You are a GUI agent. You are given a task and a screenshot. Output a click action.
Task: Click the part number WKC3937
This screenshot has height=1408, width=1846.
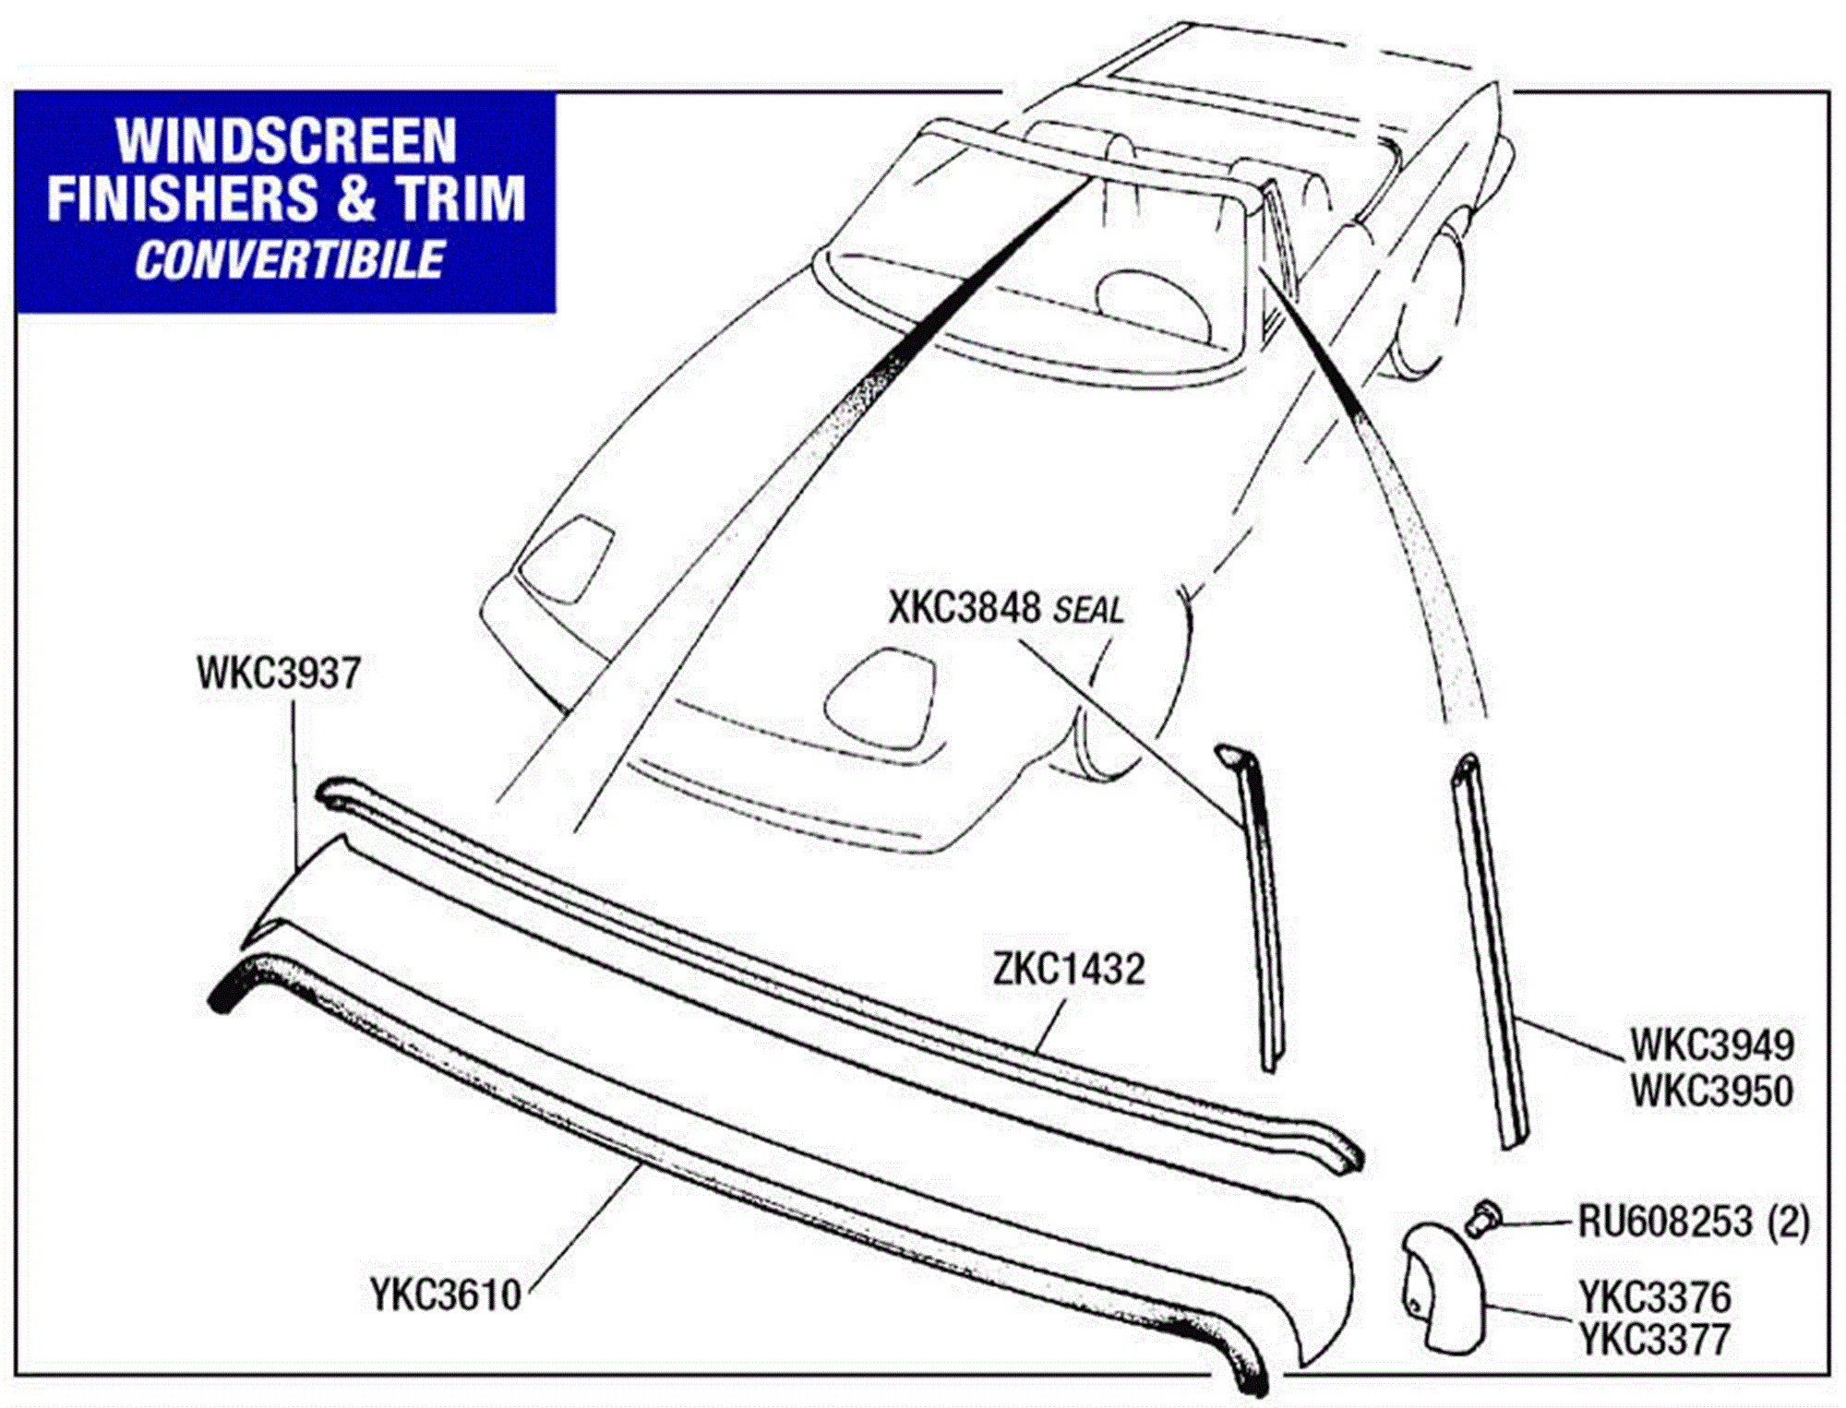[x=278, y=674]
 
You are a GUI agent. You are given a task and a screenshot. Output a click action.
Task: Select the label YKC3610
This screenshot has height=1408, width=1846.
[x=446, y=1295]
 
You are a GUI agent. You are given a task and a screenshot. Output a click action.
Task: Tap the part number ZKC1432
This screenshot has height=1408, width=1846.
[x=1069, y=969]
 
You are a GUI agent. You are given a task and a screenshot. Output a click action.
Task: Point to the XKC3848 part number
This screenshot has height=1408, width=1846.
[x=965, y=608]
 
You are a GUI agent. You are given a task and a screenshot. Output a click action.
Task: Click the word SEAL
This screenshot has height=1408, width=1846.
[x=1088, y=611]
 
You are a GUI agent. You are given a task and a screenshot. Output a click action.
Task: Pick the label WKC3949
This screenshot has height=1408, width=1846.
[x=1711, y=1045]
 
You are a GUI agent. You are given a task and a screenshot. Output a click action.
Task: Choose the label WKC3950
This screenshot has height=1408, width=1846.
[x=1711, y=1092]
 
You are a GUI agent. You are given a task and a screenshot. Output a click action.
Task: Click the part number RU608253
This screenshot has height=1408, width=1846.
[x=1664, y=1222]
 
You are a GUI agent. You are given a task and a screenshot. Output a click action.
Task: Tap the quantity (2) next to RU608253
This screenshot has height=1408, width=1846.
[x=1788, y=1222]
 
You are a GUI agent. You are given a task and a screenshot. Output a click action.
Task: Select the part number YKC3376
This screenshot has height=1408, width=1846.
[x=1654, y=1297]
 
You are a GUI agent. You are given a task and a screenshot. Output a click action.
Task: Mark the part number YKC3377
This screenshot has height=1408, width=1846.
[x=1654, y=1340]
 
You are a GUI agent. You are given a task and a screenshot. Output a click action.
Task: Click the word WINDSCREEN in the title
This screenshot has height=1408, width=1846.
[x=286, y=141]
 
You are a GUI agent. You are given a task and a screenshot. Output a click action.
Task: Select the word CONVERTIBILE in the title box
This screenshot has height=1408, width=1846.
[x=289, y=260]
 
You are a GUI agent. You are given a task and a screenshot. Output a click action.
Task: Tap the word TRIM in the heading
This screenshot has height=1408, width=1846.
[x=461, y=199]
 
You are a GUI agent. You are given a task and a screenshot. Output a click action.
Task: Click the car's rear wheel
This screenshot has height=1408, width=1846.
[x=1431, y=304]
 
